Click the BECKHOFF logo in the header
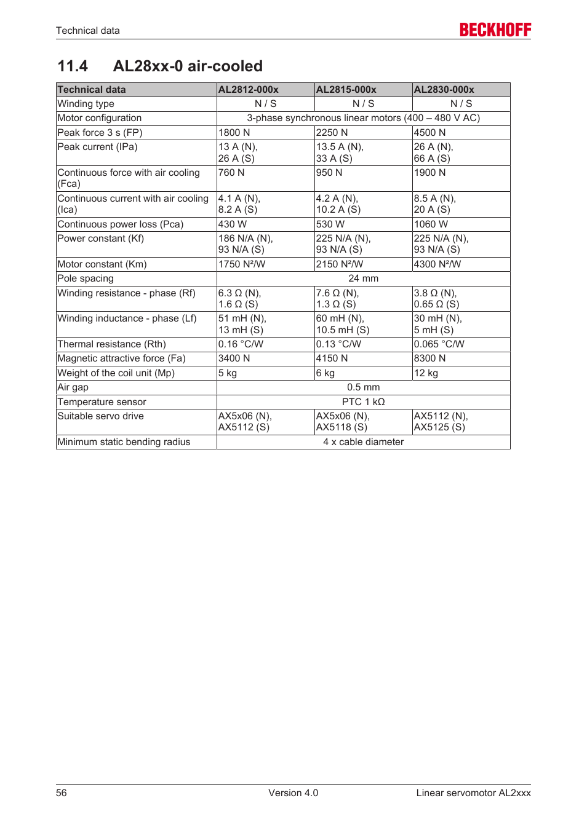[495, 30]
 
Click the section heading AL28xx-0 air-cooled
[188, 66]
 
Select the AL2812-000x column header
[249, 90]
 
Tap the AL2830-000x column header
[444, 90]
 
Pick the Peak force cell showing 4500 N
[429, 133]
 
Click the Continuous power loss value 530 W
[330, 224]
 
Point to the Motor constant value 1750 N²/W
[242, 264]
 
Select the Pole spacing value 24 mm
[363, 279]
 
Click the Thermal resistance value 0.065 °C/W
[439, 344]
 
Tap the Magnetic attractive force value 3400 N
[234, 358]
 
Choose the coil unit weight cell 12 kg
[426, 373]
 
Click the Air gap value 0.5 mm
[363, 387]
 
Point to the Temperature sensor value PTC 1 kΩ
[363, 402]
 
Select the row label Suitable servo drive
[101, 416]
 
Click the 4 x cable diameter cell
[363, 442]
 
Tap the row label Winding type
[86, 104]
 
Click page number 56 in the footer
[62, 793]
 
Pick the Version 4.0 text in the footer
[293, 793]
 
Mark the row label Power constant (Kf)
[101, 239]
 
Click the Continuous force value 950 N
[329, 173]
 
